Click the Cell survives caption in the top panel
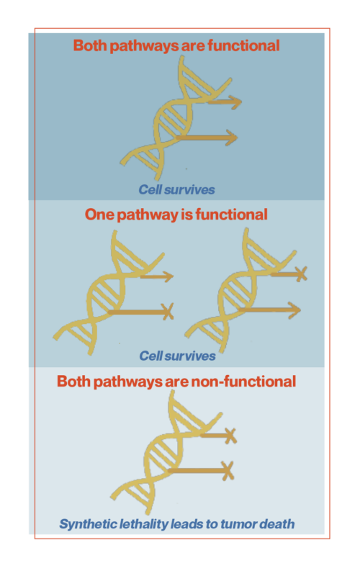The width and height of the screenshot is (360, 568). coord(176,189)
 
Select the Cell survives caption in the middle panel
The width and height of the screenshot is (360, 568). coord(177,356)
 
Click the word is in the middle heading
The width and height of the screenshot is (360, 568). coord(184,215)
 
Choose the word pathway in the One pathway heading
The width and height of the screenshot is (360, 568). coord(147,215)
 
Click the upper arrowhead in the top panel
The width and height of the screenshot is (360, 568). coord(235,102)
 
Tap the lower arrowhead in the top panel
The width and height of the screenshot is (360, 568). coord(231,138)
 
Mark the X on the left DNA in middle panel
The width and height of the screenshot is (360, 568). coord(168,311)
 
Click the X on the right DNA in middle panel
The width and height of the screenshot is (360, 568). coord(301,274)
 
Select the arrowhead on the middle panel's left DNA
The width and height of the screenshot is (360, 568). coord(167,276)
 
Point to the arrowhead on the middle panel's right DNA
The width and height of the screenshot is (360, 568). coord(294,310)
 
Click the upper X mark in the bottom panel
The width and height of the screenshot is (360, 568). coord(230,436)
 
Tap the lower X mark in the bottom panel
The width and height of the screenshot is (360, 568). coord(228,471)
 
